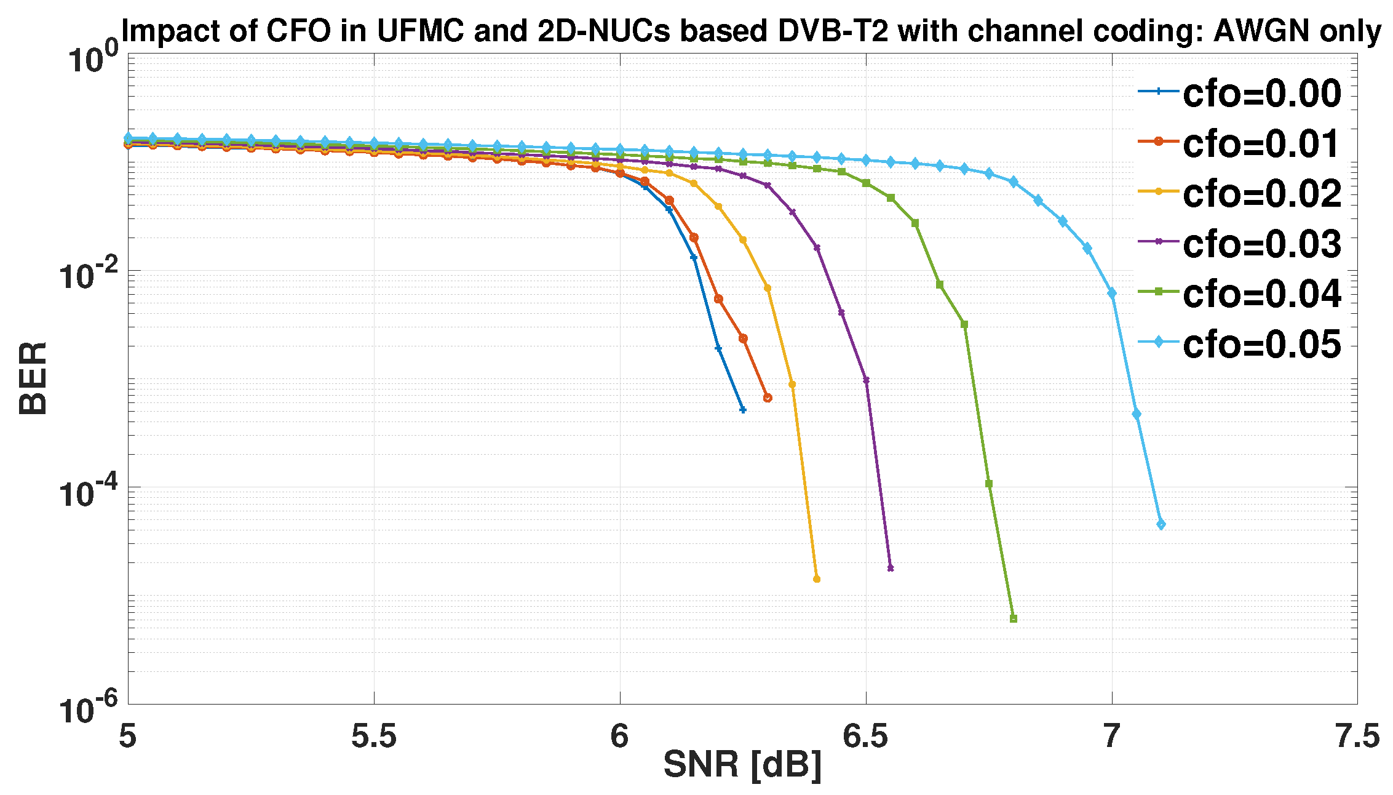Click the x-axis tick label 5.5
(x=373, y=735)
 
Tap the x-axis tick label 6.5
(x=865, y=735)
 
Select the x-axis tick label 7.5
(x=1357, y=735)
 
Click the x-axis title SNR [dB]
(x=742, y=765)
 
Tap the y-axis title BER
(x=33, y=378)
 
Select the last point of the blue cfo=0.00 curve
(x=743, y=410)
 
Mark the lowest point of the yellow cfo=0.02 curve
(x=817, y=579)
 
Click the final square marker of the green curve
(x=1014, y=619)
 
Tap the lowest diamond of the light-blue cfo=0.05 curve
(x=1161, y=524)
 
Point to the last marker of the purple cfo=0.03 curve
(x=891, y=568)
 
